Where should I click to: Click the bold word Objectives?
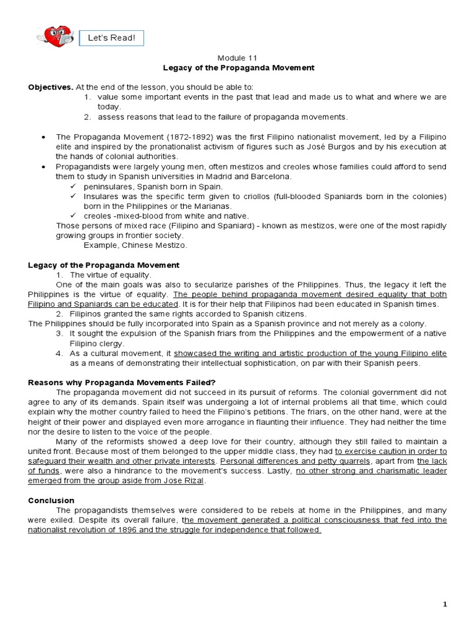(x=49, y=87)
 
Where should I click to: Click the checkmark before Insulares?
(x=72, y=196)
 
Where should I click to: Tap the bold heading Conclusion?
(x=51, y=500)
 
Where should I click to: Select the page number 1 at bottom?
(x=445, y=604)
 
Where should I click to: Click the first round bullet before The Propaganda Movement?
(x=42, y=137)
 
